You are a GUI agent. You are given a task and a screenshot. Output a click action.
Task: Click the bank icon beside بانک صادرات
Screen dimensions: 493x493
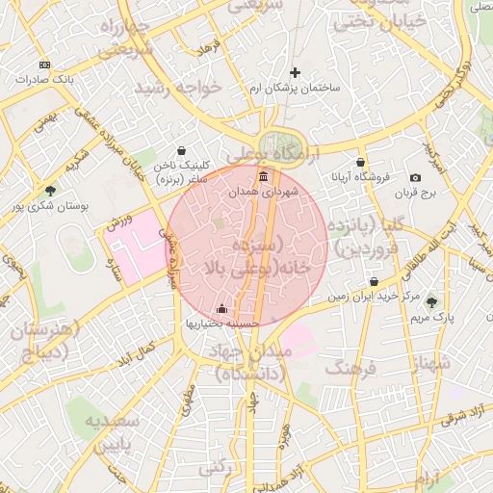[x=43, y=65]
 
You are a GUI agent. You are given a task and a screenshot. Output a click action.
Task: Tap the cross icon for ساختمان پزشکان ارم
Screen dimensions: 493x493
[x=295, y=72]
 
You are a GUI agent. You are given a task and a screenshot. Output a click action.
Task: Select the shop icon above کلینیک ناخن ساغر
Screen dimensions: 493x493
[x=181, y=149]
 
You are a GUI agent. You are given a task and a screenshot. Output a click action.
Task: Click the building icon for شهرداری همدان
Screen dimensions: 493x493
[x=264, y=176]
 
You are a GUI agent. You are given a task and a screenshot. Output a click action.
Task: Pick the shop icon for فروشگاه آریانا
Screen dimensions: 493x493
[x=361, y=162]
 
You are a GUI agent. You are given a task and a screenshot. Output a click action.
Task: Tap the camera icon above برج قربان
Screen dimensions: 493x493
[x=415, y=178]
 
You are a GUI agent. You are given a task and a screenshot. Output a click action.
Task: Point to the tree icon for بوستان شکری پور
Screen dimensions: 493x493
[x=50, y=190]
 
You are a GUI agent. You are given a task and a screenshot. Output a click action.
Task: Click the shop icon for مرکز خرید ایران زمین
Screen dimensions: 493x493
[x=374, y=281]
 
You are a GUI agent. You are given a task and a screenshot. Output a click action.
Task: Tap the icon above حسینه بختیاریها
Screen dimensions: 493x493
[x=222, y=308]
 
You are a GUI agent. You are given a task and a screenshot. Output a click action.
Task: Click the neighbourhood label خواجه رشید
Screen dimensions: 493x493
[x=179, y=88]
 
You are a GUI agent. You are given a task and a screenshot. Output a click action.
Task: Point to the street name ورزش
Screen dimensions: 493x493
[x=117, y=223]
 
